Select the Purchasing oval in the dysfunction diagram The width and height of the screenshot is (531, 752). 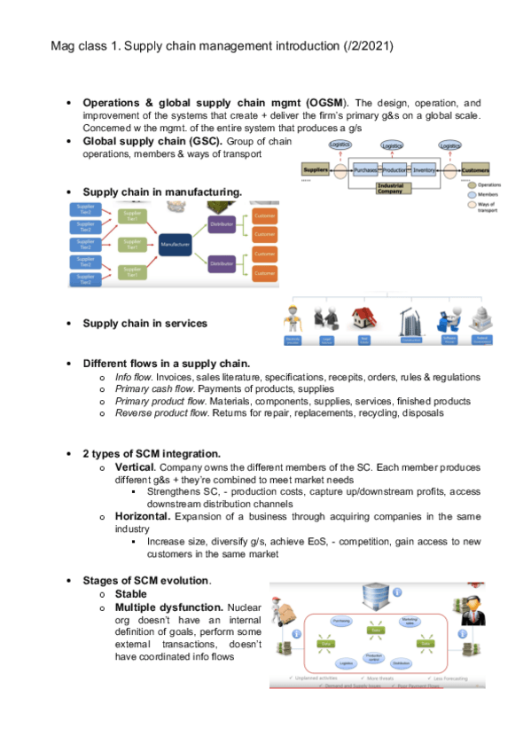pyautogui.click(x=342, y=621)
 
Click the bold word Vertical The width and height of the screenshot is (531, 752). pyautogui.click(x=136, y=466)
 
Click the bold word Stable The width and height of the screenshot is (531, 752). pyautogui.click(x=131, y=593)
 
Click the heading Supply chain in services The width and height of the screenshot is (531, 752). pyautogui.click(x=144, y=323)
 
